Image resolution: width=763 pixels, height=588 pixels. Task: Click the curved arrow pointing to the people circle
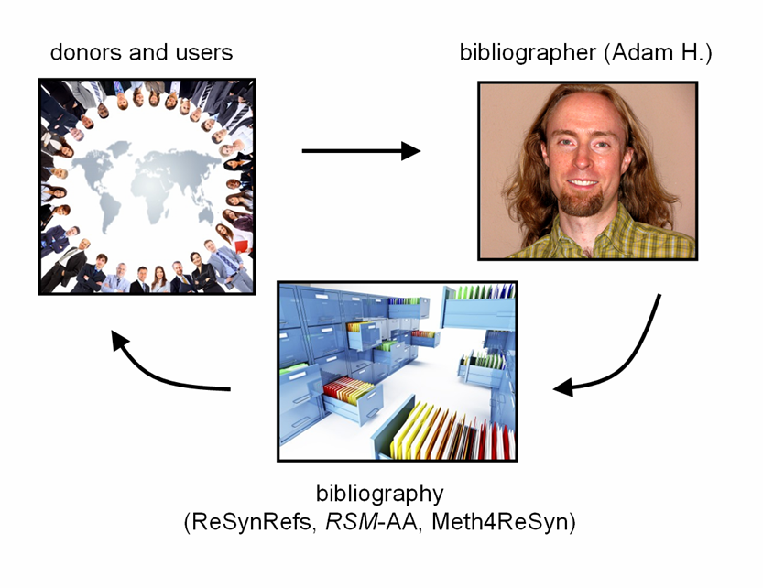(x=156, y=371)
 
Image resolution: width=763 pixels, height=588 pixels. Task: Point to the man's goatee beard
(x=583, y=203)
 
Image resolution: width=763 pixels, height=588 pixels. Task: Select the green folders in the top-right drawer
(x=477, y=293)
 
